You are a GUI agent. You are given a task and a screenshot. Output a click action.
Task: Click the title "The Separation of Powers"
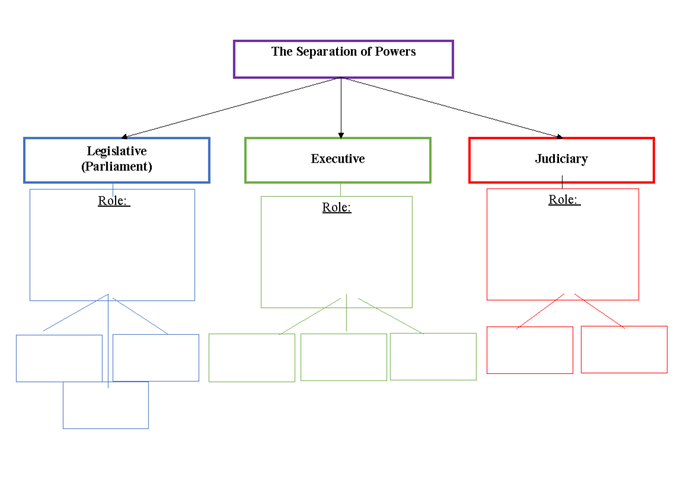343,52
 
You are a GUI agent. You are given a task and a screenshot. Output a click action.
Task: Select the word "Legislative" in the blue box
117,151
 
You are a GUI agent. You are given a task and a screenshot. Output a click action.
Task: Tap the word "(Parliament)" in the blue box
117,167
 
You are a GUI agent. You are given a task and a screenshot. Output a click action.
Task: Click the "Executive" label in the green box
338,159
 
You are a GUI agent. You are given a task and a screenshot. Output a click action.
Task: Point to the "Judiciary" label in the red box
561,159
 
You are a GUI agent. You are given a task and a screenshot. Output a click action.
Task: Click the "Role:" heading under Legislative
114,201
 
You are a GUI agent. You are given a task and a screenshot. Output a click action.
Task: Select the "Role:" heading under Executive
337,208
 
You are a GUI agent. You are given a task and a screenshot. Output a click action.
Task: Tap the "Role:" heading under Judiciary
564,200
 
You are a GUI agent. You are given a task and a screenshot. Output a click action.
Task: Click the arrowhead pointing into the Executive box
341,136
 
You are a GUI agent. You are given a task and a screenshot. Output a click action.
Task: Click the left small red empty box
530,350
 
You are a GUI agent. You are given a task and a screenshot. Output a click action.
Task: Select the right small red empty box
624,349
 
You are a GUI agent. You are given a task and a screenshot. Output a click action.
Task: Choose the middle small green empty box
344,357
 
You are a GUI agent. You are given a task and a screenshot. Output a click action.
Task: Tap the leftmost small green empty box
252,357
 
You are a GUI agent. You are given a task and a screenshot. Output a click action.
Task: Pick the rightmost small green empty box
433,356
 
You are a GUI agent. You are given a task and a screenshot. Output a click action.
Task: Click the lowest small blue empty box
106,405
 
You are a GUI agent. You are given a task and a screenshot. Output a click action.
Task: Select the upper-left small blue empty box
59,358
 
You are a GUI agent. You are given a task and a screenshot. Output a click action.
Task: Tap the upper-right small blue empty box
156,357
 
